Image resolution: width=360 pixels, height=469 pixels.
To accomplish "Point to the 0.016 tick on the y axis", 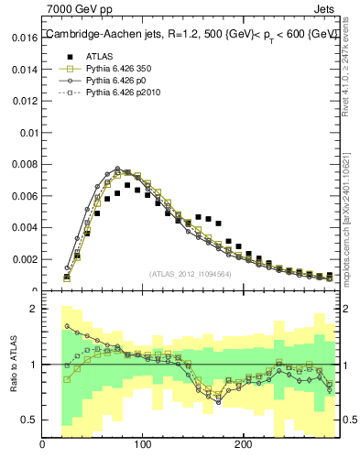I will tap(25, 38).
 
